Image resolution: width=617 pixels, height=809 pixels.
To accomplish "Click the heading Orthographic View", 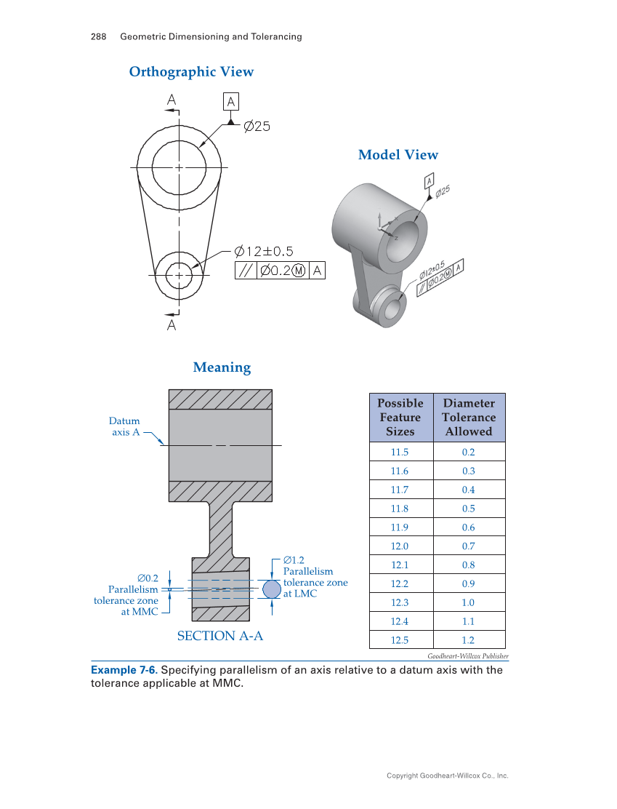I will pyautogui.click(x=191, y=71).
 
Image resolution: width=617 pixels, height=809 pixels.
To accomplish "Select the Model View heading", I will pyautogui.click(x=398, y=155).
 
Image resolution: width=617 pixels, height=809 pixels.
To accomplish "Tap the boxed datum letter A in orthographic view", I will pyautogui.click(x=230, y=102).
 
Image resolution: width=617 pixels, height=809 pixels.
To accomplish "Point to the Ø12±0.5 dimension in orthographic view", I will pyautogui.click(x=264, y=252).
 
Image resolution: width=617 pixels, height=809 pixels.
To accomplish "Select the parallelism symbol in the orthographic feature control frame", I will pyautogui.click(x=246, y=271).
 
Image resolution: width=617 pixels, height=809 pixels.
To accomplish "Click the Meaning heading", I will pyautogui.click(x=222, y=367).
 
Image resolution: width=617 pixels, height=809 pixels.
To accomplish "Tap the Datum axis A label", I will pyautogui.click(x=125, y=426).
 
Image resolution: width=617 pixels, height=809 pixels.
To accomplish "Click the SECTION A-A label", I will pyautogui.click(x=220, y=636).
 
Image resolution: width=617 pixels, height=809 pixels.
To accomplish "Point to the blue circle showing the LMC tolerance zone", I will pyautogui.click(x=271, y=589).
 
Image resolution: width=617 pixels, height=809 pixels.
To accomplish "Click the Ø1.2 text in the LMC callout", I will pyautogui.click(x=294, y=560).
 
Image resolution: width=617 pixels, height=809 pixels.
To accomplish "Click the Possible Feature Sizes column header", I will pyautogui.click(x=400, y=418).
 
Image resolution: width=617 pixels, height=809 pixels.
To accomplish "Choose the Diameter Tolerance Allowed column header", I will pyautogui.click(x=469, y=418).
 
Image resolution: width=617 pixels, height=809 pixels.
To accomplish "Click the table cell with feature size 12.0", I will pyautogui.click(x=400, y=546).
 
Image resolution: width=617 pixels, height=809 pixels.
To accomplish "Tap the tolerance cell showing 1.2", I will pyautogui.click(x=469, y=640).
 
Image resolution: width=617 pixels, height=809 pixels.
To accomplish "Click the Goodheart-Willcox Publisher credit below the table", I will pyautogui.click(x=467, y=656).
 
